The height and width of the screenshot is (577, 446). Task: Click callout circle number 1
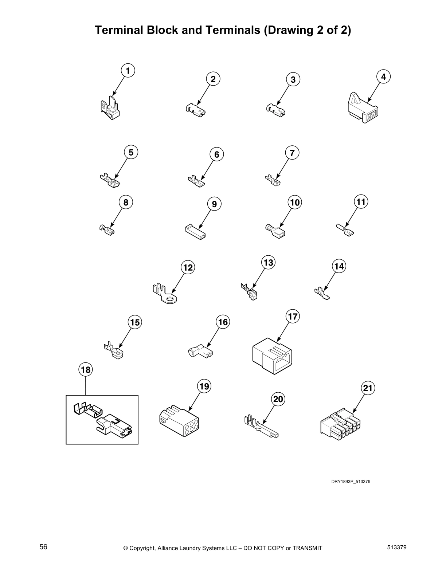coord(128,70)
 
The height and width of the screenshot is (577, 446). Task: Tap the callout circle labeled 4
coord(383,77)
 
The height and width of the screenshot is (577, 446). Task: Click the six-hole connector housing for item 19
coord(179,421)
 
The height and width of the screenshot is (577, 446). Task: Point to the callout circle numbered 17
coord(293,317)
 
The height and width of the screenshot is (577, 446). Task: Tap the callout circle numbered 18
coord(86,370)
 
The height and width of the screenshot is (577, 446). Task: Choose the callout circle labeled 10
coord(295,202)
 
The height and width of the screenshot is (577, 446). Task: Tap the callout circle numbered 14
coord(339,266)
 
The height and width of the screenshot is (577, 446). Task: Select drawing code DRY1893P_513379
coord(351,482)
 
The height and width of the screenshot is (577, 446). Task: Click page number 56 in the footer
coord(43,547)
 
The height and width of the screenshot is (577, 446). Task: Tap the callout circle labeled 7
coord(292,153)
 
